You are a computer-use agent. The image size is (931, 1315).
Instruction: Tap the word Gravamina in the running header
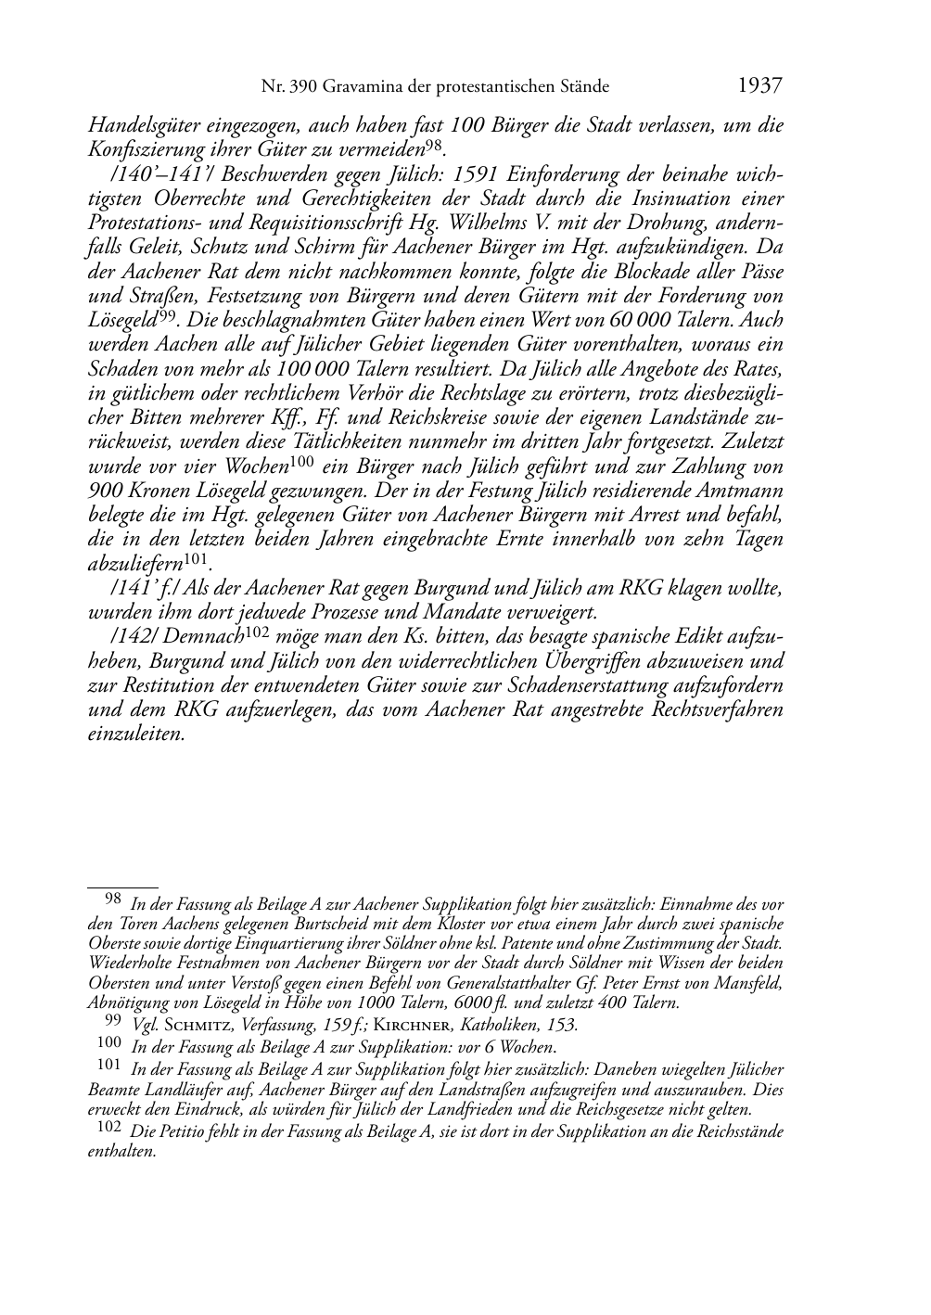357,87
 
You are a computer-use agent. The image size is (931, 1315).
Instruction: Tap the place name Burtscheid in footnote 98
335,925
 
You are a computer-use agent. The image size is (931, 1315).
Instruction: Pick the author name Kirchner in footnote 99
409,1025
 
